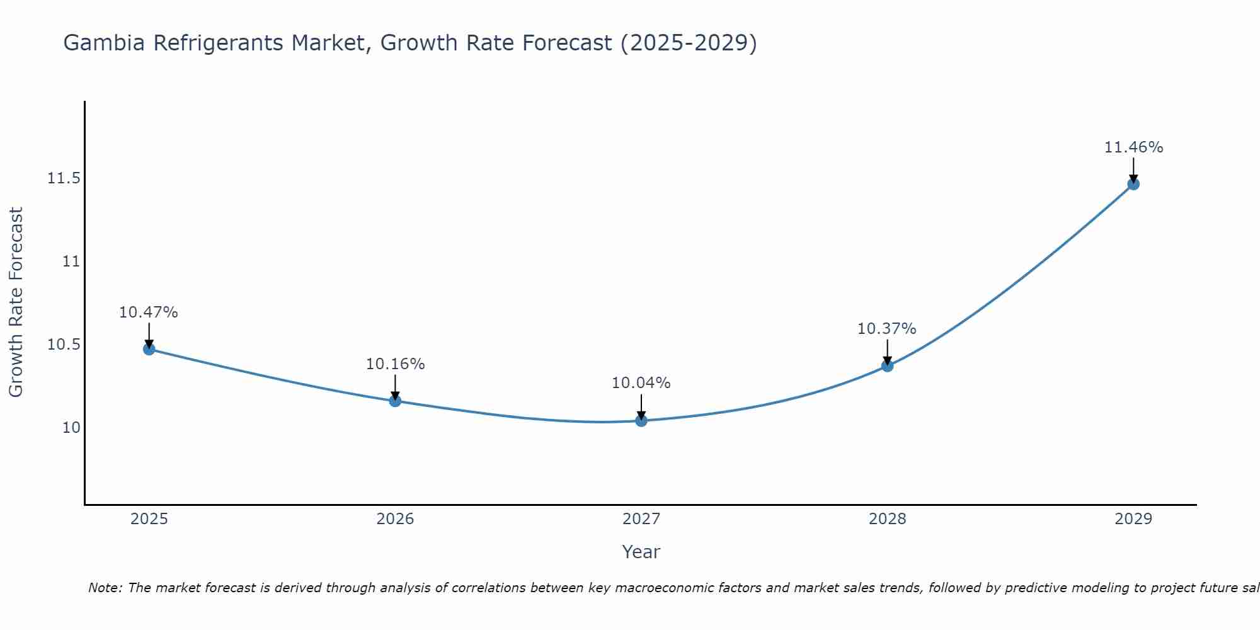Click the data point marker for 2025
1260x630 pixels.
tap(149, 349)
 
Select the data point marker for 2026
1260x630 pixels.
tap(395, 401)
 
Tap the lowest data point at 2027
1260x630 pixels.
tap(641, 420)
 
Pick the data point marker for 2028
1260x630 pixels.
tap(887, 365)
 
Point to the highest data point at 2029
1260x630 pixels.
tap(1133, 184)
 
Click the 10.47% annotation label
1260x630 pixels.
tap(149, 312)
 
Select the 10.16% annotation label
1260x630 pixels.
tap(395, 364)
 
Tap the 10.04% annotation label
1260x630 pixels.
tap(641, 383)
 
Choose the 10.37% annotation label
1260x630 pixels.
tap(887, 329)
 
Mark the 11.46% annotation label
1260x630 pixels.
tap(1133, 147)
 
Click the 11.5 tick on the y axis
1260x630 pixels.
tap(64, 179)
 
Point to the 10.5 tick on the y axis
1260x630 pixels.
tap(64, 345)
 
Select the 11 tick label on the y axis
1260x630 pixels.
tap(71, 261)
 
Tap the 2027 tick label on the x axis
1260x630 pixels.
tap(641, 519)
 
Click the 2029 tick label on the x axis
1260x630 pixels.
tap(1133, 519)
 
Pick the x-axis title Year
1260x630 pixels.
tap(641, 552)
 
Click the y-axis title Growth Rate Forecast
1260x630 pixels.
tap(16, 302)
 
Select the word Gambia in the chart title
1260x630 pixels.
tap(104, 43)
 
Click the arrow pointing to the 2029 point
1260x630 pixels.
tap(1133, 169)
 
